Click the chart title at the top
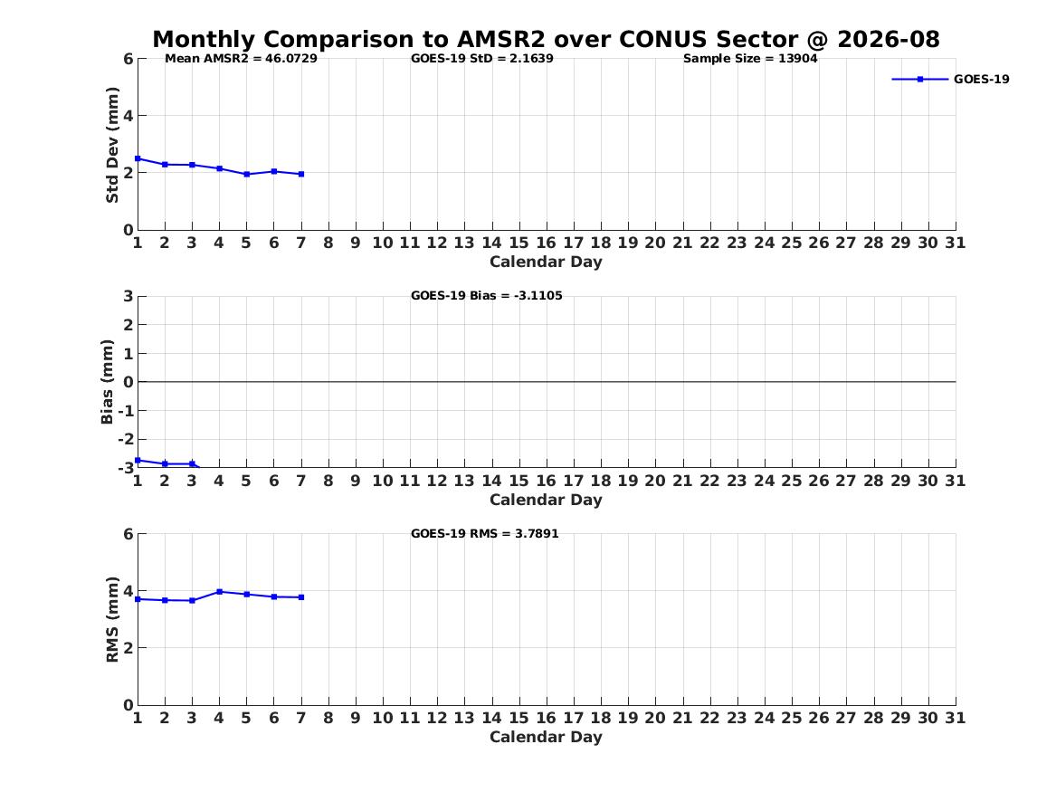click(546, 39)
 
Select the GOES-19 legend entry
click(950, 80)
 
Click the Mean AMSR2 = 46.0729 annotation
click(241, 59)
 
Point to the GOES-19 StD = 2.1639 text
click(482, 59)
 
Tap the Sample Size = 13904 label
click(750, 59)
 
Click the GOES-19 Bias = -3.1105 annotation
click(486, 296)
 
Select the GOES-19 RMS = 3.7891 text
click(485, 533)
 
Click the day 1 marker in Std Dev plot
click(138, 159)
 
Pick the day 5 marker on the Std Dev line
click(246, 175)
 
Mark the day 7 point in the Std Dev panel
click(301, 175)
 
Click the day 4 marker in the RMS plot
click(220, 592)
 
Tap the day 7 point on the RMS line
click(301, 597)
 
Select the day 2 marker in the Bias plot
click(165, 464)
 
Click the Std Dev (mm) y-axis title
click(112, 145)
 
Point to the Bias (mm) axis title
click(107, 382)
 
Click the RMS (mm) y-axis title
click(112, 620)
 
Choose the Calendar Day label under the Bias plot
click(547, 500)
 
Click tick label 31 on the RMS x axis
click(955, 718)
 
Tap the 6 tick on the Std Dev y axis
click(128, 59)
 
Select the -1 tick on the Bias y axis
click(126, 411)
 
